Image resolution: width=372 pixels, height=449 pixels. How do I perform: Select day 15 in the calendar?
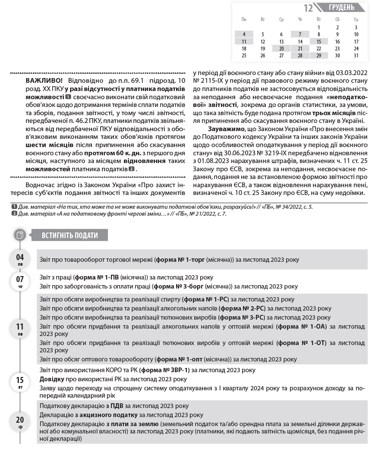[x=318, y=41]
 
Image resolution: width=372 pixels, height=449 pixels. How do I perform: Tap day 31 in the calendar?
[x=356, y=55]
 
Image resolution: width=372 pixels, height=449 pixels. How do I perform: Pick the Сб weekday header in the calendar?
[x=337, y=19]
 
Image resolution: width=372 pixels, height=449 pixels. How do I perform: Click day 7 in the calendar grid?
[x=300, y=35]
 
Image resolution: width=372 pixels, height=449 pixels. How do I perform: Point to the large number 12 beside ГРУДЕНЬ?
[x=308, y=8]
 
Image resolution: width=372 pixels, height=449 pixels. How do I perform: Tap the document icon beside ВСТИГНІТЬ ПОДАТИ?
[x=20, y=235]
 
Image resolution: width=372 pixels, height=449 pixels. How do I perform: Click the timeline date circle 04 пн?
[x=20, y=259]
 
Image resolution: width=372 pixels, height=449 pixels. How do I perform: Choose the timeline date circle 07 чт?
[x=20, y=281]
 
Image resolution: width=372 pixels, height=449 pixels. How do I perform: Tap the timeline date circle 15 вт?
[x=20, y=382]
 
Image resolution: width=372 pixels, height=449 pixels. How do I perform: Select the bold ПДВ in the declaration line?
[x=117, y=406]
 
